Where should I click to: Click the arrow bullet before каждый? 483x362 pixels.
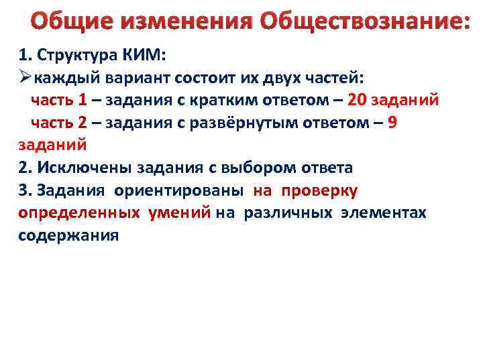click(25, 78)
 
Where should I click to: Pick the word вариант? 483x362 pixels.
click(140, 78)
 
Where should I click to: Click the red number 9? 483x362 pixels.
click(392, 123)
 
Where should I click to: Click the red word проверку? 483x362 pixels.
click(320, 190)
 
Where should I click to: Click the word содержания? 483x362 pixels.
click(68, 235)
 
